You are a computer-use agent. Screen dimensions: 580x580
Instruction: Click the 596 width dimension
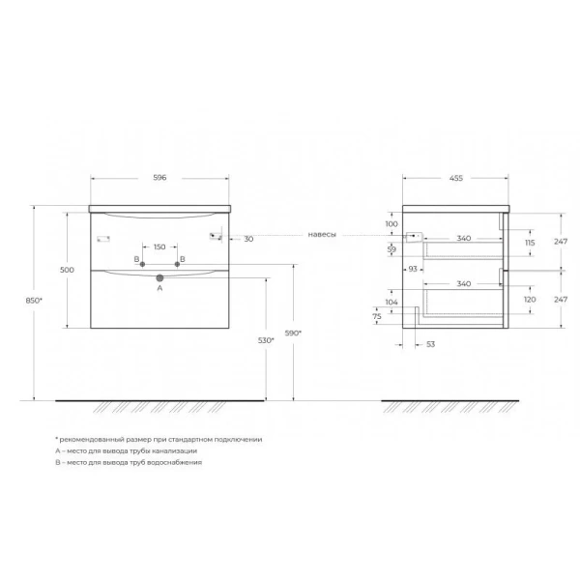[x=160, y=177]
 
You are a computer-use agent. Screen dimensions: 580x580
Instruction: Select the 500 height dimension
[x=67, y=270]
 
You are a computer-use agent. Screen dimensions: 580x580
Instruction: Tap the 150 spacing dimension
[x=160, y=246]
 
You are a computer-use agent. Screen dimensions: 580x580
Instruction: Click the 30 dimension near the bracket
[x=248, y=239]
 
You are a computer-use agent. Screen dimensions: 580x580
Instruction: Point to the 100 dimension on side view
[x=391, y=224]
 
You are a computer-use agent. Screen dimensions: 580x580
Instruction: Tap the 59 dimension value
[x=391, y=249]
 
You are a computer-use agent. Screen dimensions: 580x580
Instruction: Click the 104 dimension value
[x=391, y=302]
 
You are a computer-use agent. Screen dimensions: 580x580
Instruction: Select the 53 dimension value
[x=431, y=343]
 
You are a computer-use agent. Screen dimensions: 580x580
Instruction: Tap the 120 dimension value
[x=530, y=300]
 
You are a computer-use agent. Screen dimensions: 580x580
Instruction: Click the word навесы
[x=323, y=235]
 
